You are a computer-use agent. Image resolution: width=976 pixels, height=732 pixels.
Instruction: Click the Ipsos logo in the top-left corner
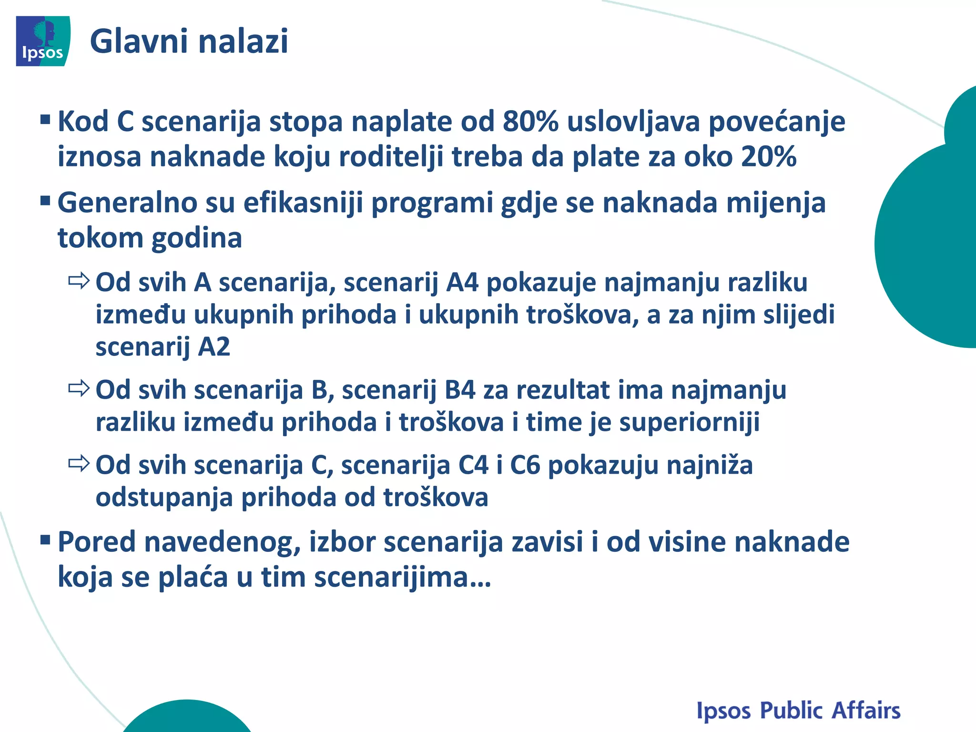43,41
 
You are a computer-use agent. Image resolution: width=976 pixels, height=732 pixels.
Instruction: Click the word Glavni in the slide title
139,41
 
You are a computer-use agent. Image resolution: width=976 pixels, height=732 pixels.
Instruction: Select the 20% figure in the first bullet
769,156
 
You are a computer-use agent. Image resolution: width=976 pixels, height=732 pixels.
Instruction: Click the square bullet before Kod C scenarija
46,119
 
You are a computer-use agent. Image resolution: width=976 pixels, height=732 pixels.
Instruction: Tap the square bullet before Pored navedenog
46,539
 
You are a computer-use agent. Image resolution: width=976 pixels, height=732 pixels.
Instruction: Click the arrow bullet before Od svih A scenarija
79,281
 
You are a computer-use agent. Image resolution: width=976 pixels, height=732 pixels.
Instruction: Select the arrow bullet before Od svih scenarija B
79,389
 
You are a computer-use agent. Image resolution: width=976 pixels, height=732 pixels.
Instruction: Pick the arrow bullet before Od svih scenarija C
79,463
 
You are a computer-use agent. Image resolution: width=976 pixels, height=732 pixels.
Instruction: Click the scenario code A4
462,282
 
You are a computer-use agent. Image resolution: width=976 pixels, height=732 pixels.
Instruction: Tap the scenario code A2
214,346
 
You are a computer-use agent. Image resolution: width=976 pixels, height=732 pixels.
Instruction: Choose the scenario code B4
460,390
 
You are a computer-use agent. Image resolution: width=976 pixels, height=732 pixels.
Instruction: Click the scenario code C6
525,465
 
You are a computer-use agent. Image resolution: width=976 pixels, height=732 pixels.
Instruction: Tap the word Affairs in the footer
866,711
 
